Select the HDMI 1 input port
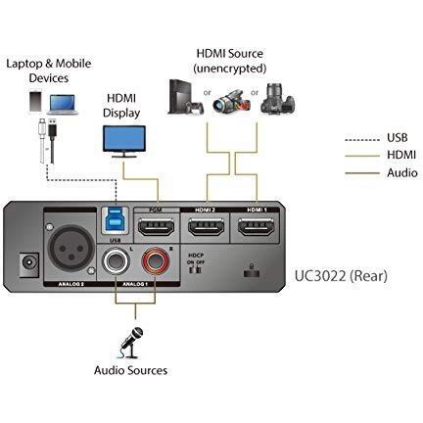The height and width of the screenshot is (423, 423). click(x=258, y=232)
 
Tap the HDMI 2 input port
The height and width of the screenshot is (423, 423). click(x=205, y=232)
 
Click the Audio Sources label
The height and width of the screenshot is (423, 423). click(x=130, y=370)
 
